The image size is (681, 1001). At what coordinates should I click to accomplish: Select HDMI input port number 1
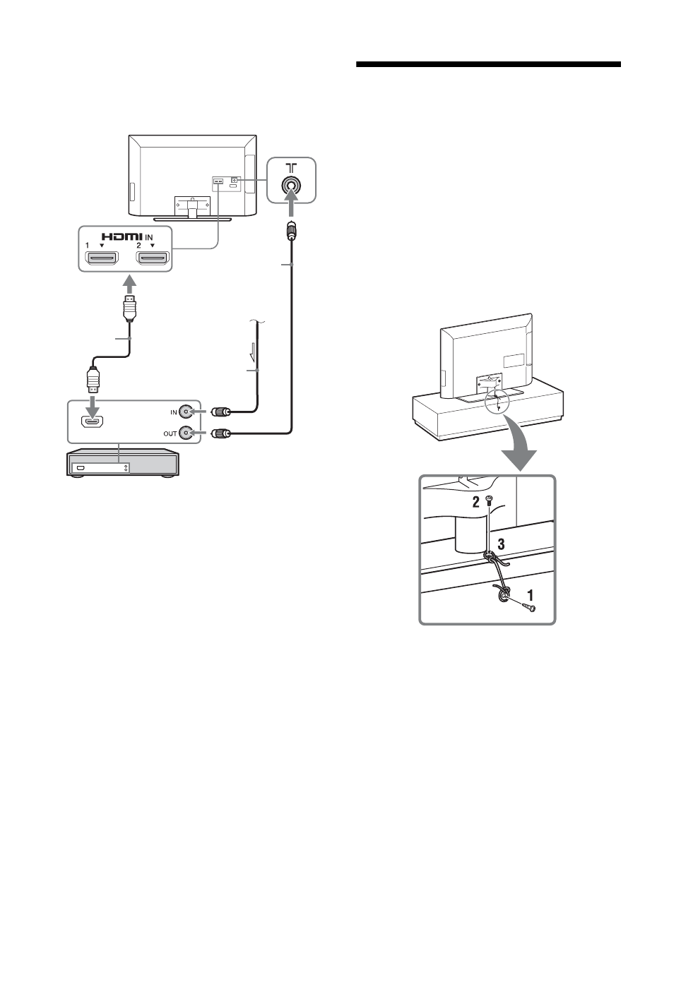pyautogui.click(x=102, y=260)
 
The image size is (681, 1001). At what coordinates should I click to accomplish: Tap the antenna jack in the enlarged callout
pyautogui.click(x=290, y=185)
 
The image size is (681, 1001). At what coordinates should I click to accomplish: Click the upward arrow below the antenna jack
pyautogui.click(x=290, y=210)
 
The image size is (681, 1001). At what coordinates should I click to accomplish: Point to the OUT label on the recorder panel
pyautogui.click(x=170, y=433)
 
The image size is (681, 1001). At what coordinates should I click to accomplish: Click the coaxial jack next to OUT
pyautogui.click(x=186, y=433)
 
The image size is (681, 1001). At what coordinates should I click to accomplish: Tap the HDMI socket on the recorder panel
pyautogui.click(x=93, y=422)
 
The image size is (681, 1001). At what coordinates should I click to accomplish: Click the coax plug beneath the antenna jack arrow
pyautogui.click(x=290, y=232)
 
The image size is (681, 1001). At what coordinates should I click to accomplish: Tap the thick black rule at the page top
pyautogui.click(x=488, y=66)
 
